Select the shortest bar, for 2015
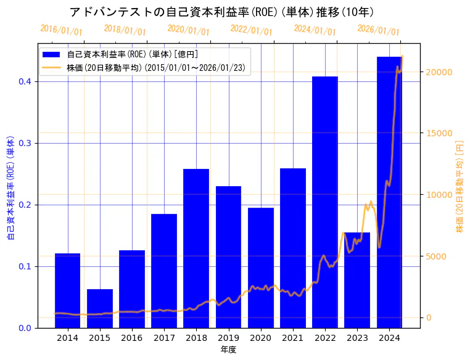pyautogui.click(x=100, y=308)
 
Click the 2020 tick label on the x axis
pyautogui.click(x=261, y=338)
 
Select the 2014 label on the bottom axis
pyautogui.click(x=68, y=338)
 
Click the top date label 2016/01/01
pyautogui.click(x=61, y=30)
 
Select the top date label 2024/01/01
pyautogui.click(x=315, y=30)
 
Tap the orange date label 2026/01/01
pyautogui.click(x=378, y=30)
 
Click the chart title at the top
pyautogui.click(x=222, y=12)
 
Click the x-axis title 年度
pyautogui.click(x=228, y=350)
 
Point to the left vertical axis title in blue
pyautogui.click(x=10, y=187)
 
